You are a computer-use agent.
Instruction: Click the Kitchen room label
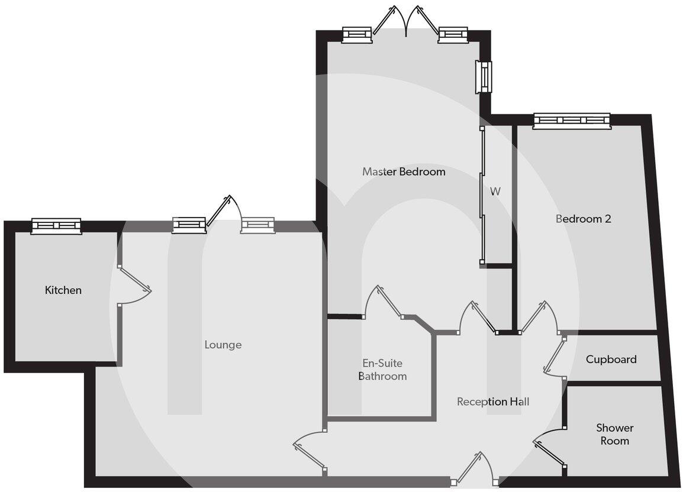pyautogui.click(x=63, y=290)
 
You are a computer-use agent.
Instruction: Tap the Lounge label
pyautogui.click(x=223, y=345)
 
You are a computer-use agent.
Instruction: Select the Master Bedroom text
pyautogui.click(x=403, y=172)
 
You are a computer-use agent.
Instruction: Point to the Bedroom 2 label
pyautogui.click(x=583, y=219)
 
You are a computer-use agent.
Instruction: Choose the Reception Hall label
pyautogui.click(x=492, y=402)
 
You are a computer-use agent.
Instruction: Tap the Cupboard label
pyautogui.click(x=611, y=360)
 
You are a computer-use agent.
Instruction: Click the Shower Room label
pyautogui.click(x=614, y=434)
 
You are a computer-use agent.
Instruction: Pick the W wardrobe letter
pyautogui.click(x=495, y=192)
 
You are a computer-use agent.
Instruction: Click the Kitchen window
pyautogui.click(x=56, y=225)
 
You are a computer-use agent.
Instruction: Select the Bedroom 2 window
pyautogui.click(x=571, y=121)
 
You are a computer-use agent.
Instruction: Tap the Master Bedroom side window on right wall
pyautogui.click(x=484, y=77)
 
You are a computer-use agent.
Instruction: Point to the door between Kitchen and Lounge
pyautogui.click(x=135, y=286)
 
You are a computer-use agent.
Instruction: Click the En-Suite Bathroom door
pyautogui.click(x=384, y=302)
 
